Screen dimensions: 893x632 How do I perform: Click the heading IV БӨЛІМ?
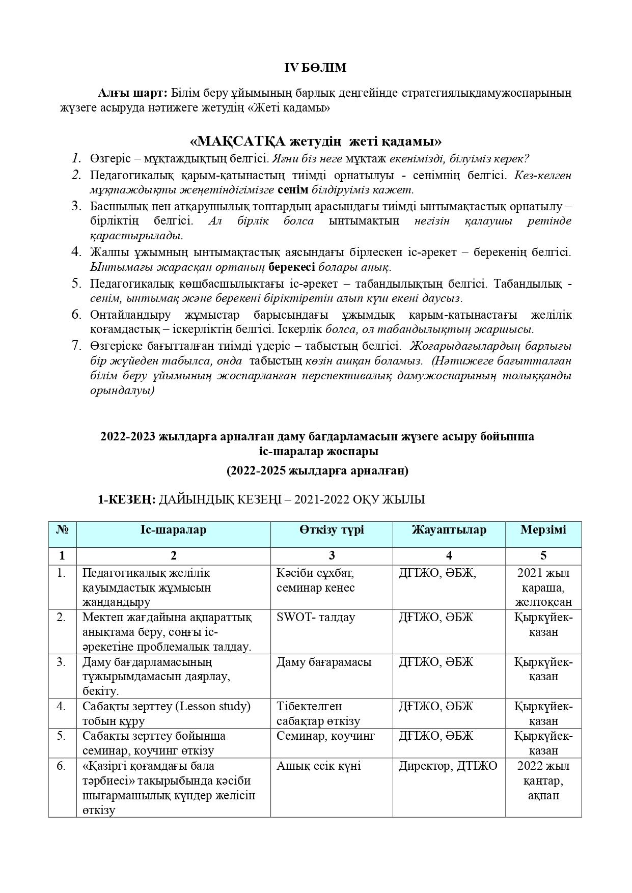[x=315, y=68]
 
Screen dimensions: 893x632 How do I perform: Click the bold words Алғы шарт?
[x=132, y=93]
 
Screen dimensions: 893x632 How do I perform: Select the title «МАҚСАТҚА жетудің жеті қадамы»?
[x=315, y=141]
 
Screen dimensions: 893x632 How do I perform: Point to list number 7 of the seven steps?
[x=76, y=346]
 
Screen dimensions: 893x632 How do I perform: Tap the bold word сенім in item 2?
[x=293, y=190]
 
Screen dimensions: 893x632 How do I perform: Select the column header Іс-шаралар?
[x=173, y=530]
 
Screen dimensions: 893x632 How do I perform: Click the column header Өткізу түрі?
[x=332, y=530]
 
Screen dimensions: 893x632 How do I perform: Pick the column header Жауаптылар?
[x=449, y=530]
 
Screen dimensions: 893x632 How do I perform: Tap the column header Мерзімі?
[x=543, y=530]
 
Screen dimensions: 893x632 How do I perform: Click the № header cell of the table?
[x=62, y=530]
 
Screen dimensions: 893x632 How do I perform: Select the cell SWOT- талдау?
[x=316, y=618]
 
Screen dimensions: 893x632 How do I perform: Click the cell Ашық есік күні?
[x=318, y=766]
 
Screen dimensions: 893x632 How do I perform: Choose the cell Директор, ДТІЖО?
[x=448, y=766]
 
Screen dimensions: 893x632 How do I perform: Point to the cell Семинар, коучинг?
[x=325, y=736]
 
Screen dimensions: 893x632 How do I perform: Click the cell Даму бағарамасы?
[x=324, y=662]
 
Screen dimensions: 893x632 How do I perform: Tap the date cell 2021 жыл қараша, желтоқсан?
[x=543, y=588]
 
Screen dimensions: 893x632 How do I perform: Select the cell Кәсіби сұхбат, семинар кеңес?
[x=316, y=580]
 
